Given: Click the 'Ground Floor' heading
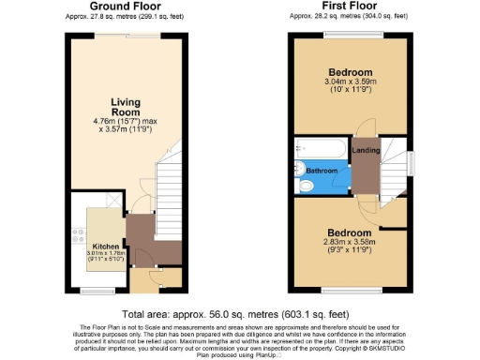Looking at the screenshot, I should (122, 7).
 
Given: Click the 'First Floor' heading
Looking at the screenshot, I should (349, 7).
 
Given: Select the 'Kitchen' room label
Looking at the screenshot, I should (104, 247).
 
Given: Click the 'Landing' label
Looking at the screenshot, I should (365, 150).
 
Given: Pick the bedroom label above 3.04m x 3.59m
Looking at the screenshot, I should (350, 73).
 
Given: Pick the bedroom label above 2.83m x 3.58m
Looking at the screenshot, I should (350, 232).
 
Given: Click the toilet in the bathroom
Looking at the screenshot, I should (307, 187).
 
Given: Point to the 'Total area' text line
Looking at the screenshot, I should (235, 314).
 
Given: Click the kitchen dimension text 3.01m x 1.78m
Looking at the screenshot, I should (104, 254).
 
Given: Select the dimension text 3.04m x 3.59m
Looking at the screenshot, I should (350, 83).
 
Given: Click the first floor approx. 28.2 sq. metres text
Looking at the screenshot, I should (349, 16).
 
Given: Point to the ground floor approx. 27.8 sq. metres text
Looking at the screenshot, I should (122, 16).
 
